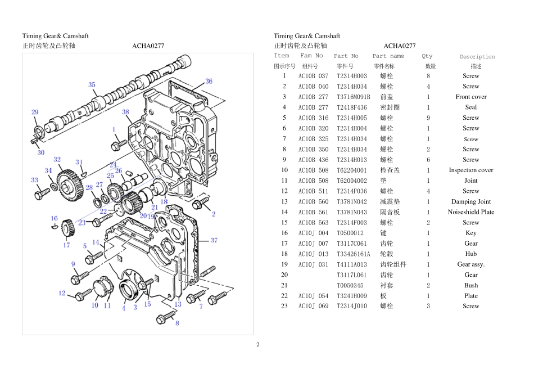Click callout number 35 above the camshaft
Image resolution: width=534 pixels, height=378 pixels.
[92, 84]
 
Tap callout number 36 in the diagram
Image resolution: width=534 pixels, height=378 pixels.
[209, 81]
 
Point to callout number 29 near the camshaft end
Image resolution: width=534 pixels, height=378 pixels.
[35, 112]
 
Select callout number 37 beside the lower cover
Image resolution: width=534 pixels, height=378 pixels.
[214, 240]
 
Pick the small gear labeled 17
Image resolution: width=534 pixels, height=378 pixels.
[68, 229]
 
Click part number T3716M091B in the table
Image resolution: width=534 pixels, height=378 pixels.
[353, 97]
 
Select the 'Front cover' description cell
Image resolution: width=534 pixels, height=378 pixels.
[471, 97]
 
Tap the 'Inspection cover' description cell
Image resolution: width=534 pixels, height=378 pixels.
[471, 170]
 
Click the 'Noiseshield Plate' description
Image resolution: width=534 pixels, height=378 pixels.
[471, 212]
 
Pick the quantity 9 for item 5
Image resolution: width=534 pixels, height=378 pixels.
[428, 118]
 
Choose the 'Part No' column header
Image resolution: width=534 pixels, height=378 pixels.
[346, 56]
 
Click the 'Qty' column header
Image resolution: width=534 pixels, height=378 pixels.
[427, 56]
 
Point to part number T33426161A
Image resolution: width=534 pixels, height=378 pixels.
[353, 254]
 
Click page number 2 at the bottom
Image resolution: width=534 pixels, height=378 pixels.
[258, 344]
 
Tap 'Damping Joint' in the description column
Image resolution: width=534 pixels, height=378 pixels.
[471, 201]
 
